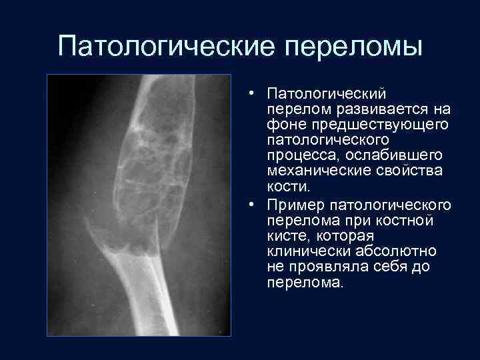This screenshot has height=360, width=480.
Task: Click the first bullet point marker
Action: (x=246, y=93)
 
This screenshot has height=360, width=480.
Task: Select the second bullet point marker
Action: (x=246, y=204)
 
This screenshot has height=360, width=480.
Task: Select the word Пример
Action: (x=292, y=204)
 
